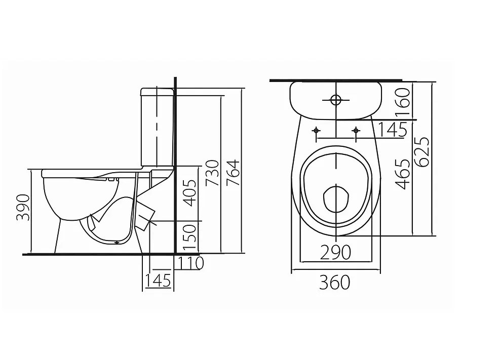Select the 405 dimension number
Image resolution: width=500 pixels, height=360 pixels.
(188, 193)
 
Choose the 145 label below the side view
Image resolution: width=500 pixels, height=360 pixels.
(158, 280)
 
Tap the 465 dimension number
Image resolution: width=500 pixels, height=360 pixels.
(403, 174)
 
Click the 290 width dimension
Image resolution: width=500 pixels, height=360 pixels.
(335, 252)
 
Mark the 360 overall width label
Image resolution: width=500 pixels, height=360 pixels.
(334, 283)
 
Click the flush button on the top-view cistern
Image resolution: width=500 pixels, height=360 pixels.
(335, 100)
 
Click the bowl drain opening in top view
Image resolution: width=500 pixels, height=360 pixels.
(335, 199)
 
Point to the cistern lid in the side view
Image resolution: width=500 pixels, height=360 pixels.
(157, 92)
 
